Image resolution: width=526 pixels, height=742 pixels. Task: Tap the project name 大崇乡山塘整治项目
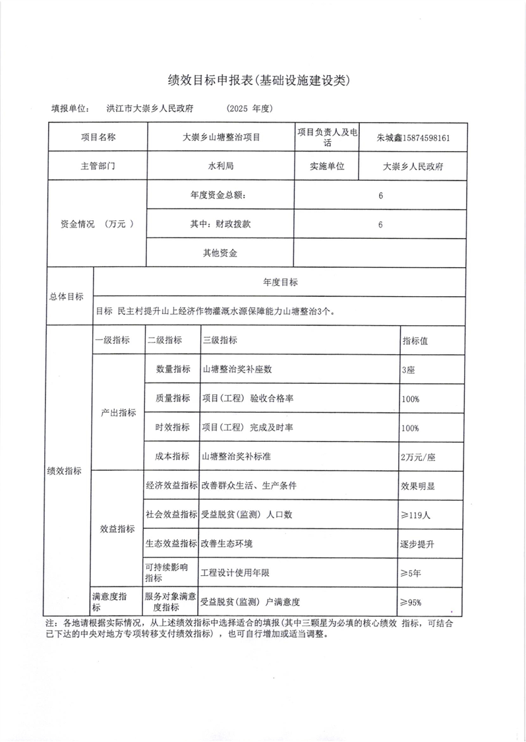tap(221, 139)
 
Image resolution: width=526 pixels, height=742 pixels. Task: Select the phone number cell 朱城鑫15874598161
tap(413, 139)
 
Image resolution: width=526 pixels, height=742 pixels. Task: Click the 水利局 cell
tap(221, 166)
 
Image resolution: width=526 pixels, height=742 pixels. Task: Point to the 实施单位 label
tap(328, 166)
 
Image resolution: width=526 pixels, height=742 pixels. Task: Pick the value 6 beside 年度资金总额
tap(381, 196)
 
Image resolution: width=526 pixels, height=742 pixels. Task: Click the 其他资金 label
tap(220, 253)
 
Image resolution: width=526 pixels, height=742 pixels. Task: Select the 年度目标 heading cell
tap(280, 282)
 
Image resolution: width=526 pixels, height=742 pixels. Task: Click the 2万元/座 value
tap(417, 456)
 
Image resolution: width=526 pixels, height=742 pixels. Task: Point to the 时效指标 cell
tap(173, 427)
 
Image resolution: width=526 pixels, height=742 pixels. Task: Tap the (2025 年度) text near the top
tap(249, 108)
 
